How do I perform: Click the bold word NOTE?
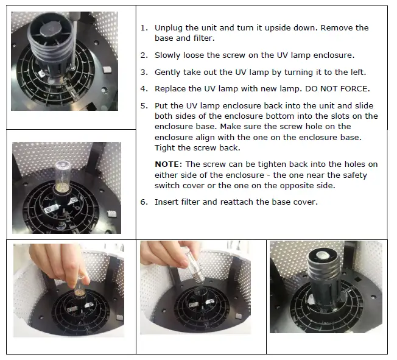(x=167, y=164)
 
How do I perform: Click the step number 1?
(x=144, y=28)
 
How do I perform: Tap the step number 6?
(x=144, y=202)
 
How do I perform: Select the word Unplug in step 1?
(x=169, y=28)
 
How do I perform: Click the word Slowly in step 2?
(x=167, y=55)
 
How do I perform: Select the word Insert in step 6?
(x=165, y=202)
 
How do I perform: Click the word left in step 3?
(x=358, y=72)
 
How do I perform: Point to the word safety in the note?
(x=355, y=175)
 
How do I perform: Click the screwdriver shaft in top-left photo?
(x=73, y=41)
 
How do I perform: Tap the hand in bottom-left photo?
(x=58, y=264)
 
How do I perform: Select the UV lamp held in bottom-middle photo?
(x=195, y=266)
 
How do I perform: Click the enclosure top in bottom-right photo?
(x=323, y=256)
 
